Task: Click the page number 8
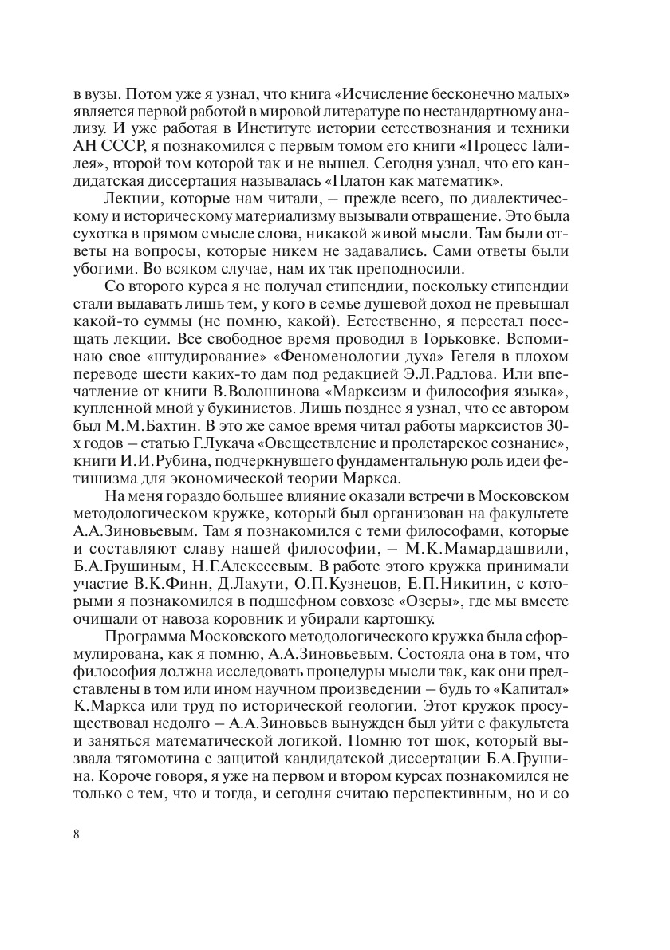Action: click(x=75, y=834)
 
